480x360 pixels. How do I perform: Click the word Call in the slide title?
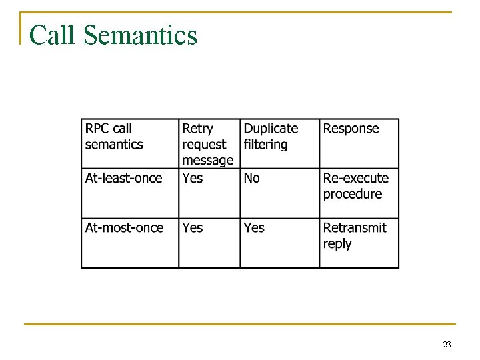[x=53, y=35]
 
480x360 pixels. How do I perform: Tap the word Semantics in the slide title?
[x=141, y=35]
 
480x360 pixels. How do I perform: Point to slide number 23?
[x=447, y=345]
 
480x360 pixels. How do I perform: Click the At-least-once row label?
[x=124, y=178]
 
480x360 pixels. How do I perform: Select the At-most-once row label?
[x=125, y=227]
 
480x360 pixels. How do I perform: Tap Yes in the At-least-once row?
[x=193, y=178]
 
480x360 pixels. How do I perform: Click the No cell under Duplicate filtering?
[x=252, y=178]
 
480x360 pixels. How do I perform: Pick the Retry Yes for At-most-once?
[x=193, y=227]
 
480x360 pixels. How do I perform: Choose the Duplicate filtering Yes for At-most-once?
[x=254, y=227]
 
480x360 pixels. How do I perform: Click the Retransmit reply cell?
[x=355, y=235]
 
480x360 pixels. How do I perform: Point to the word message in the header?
[x=208, y=161]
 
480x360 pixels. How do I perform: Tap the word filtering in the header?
[x=265, y=145]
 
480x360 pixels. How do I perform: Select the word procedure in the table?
[x=353, y=194]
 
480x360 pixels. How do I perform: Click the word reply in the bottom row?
[x=337, y=244]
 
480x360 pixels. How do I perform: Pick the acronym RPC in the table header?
[x=97, y=129]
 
